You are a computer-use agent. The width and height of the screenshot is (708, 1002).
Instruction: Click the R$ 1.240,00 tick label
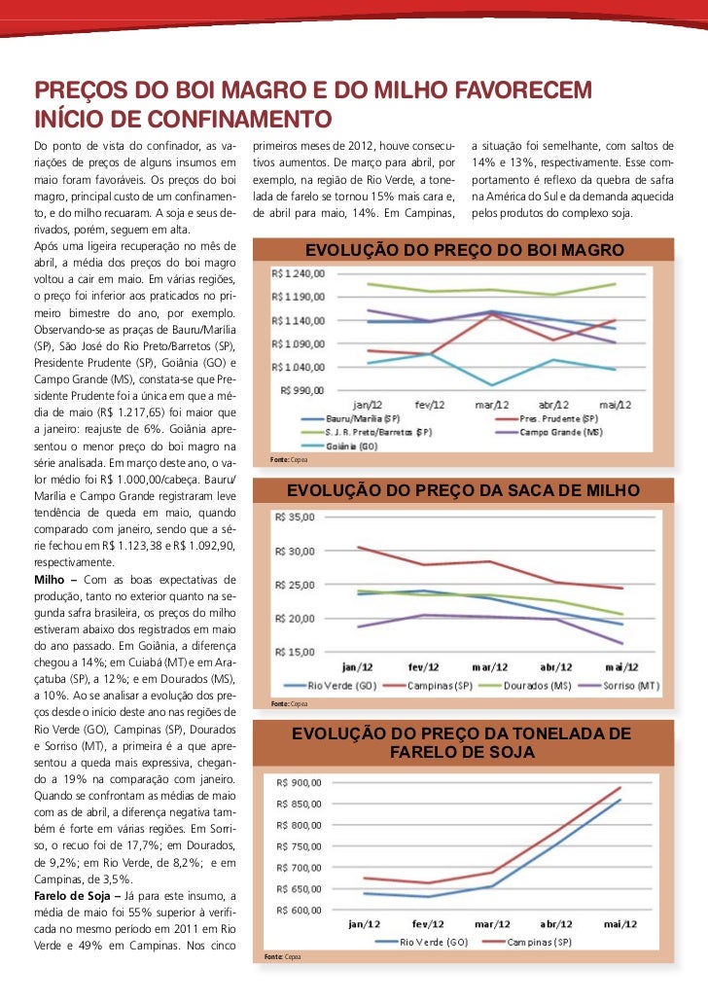[300, 274]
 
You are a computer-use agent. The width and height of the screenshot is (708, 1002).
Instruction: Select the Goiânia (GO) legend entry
[352, 445]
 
